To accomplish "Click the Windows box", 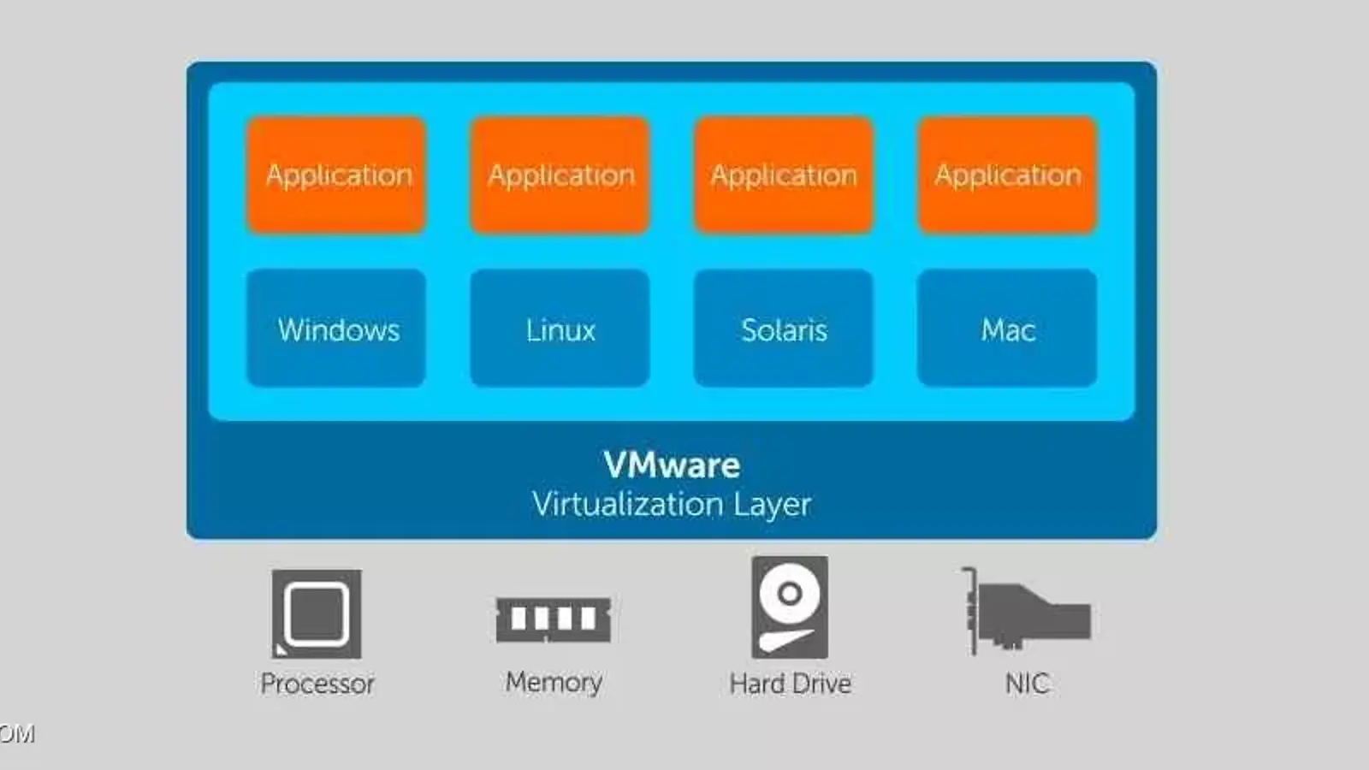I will [x=336, y=329].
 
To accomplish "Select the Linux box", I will [x=560, y=329].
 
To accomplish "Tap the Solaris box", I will [x=784, y=329].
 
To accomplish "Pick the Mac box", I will [x=1007, y=329].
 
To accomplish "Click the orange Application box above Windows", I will [x=336, y=175].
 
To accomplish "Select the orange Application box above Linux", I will [x=560, y=175].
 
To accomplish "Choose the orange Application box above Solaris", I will [x=784, y=175].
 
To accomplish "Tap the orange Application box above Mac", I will [x=1007, y=175].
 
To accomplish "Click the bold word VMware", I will [x=672, y=465].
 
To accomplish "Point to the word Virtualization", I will [x=627, y=504].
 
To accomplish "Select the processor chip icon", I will [x=317, y=613].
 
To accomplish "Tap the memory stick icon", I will [x=554, y=619].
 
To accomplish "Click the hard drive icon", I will [x=790, y=607].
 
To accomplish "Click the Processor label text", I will [x=317, y=684].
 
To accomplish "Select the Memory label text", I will [x=554, y=682].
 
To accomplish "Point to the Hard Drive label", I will [x=790, y=684].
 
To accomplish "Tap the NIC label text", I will [x=1027, y=684].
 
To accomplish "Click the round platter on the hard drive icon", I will [x=790, y=592].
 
